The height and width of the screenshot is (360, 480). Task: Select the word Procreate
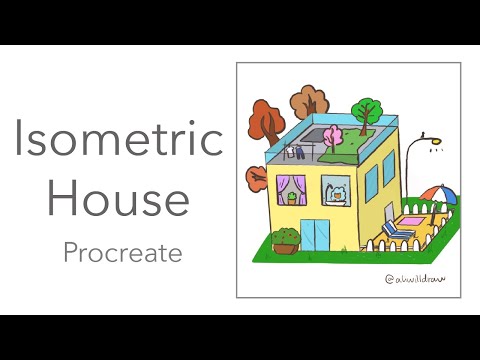point(122,253)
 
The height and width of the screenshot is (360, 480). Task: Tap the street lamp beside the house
point(430,150)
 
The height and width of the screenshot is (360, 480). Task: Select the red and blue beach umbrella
point(433,194)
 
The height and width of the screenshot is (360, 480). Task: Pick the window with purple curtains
point(297,190)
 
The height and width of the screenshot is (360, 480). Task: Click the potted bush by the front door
point(286,241)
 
